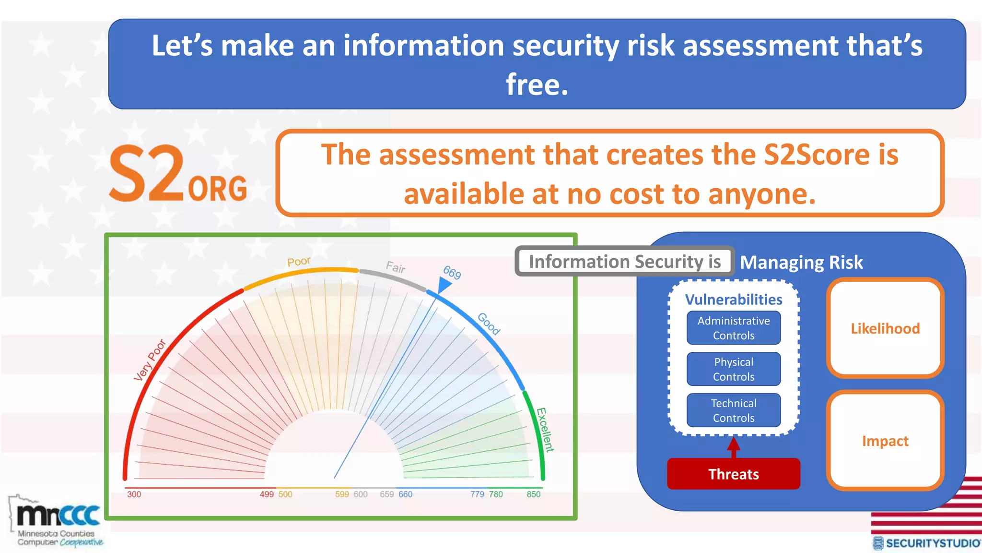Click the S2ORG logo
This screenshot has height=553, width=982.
click(x=177, y=174)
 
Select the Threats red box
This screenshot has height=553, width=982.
click(x=733, y=474)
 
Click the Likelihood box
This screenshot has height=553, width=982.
click(x=885, y=328)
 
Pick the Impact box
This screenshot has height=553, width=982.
click(x=885, y=441)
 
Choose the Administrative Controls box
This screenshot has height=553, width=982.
click(x=733, y=328)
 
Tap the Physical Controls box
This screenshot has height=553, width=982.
click(x=733, y=369)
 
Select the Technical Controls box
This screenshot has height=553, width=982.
click(x=733, y=410)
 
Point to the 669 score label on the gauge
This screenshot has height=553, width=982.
click(x=452, y=272)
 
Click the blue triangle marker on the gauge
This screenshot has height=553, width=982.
click(x=444, y=286)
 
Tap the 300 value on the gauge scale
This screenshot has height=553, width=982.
click(x=134, y=494)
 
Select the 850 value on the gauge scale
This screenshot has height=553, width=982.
click(x=533, y=494)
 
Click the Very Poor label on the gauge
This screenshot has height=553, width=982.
click(x=150, y=360)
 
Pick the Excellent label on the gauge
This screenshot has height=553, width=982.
click(x=545, y=430)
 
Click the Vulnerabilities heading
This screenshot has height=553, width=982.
click(x=733, y=300)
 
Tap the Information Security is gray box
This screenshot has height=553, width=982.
click(x=624, y=262)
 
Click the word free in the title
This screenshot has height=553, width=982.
click(x=537, y=84)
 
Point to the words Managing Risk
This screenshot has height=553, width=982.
click(x=801, y=263)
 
